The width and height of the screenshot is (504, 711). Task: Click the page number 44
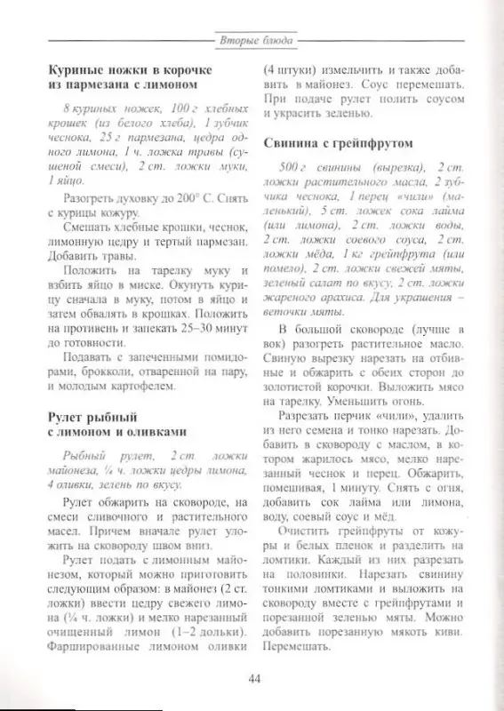click(252, 680)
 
